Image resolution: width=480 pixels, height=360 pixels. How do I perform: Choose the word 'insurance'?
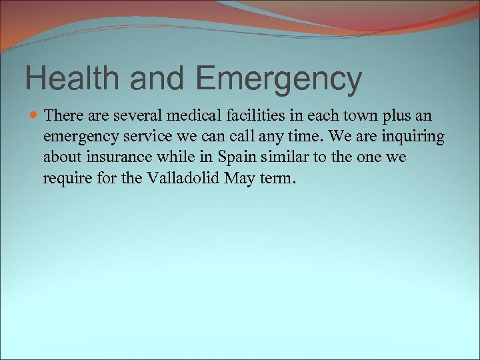(x=109, y=158)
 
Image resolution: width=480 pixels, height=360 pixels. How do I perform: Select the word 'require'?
(x=64, y=179)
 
